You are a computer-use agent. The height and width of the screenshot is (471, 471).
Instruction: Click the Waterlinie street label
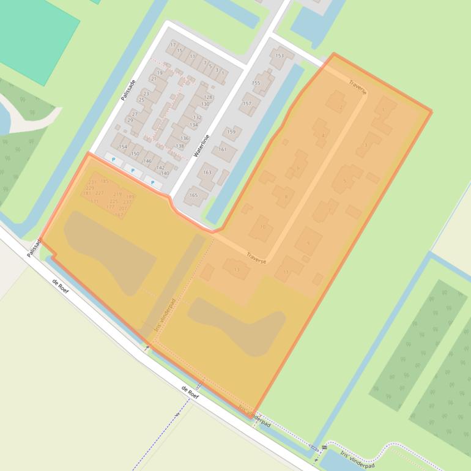pos(201,146)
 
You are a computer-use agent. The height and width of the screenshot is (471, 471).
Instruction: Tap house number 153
pos(280,56)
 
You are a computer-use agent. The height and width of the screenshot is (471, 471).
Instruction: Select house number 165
pos(193,196)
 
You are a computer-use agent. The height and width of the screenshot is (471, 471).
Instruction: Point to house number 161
pos(223,149)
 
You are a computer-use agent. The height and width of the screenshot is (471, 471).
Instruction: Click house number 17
pos(173,45)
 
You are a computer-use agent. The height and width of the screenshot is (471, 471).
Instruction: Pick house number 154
pos(123,147)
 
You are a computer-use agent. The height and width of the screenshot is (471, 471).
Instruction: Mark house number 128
pos(208,97)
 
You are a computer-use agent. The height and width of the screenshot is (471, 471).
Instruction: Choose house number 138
pos(180,146)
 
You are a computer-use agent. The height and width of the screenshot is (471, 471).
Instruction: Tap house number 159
pos(231,132)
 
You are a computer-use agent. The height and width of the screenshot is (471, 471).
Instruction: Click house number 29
pos(130,121)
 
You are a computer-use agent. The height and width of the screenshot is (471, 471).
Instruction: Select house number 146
pos(147,161)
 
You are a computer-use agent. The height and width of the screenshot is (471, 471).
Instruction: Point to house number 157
pos(247,104)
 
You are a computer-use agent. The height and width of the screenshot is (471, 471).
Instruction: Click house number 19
pos(160,73)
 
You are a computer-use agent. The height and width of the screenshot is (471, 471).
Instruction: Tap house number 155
pos(256,83)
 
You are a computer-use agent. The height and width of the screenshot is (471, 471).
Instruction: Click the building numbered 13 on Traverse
pos(237,269)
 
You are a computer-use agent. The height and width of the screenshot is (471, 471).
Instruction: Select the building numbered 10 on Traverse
pos(263,227)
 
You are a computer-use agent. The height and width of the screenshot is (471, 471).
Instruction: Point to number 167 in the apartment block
pos(119,215)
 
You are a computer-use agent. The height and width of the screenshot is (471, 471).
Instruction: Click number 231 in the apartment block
pos(92,182)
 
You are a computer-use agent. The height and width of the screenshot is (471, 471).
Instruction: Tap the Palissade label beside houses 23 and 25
pos(128,89)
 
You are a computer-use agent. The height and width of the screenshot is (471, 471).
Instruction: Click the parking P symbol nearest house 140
pos(153,182)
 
